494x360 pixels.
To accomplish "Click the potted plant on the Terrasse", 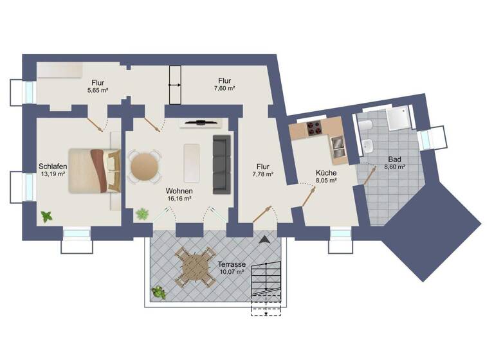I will [x=158, y=292].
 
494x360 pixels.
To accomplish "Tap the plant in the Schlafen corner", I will [x=47, y=217].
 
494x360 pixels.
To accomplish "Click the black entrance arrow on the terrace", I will [x=264, y=240].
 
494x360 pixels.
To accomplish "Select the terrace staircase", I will [x=266, y=287].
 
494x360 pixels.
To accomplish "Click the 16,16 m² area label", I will [x=179, y=199].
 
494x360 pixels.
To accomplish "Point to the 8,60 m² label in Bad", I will [x=395, y=167].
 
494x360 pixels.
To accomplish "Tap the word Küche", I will [x=325, y=173].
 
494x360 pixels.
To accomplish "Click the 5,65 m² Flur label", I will [x=98, y=91].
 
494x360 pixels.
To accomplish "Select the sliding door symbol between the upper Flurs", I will [x=174, y=84].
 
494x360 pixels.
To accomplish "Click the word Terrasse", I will [x=230, y=264].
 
